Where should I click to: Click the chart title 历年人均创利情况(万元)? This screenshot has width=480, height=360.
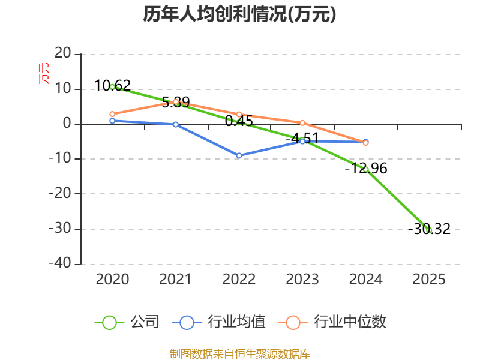coord(239,14)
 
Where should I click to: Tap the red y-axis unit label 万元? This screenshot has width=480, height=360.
coord(43,73)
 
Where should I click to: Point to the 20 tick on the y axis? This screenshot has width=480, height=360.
coord(63,53)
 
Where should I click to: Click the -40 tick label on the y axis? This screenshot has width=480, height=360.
coord(60,263)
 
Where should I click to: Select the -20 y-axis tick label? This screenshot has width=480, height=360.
coord(60,193)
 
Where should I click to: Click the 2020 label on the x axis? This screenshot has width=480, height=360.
coord(112,279)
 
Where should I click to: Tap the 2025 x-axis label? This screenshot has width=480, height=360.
coord(429,279)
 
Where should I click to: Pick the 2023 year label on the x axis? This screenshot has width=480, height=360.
coord(302,279)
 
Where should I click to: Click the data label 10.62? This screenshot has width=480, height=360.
coord(113,85)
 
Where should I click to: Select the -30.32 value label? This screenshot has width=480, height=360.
coord(429,229)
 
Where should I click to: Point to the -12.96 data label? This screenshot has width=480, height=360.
coord(366,169)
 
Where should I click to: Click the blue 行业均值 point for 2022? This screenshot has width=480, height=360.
coord(239,155)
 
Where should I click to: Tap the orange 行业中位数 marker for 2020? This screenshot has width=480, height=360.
coord(112,114)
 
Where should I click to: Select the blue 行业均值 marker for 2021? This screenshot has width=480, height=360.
coord(176,125)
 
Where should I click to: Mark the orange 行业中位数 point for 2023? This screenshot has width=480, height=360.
coord(302,123)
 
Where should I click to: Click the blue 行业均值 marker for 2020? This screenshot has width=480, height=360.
coord(112,121)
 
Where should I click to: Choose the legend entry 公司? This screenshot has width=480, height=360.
coord(127,322)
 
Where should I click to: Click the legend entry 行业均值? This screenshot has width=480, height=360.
coord(218,322)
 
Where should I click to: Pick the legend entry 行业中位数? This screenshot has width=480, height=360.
coord(332,322)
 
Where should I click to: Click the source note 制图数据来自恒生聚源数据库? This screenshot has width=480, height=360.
coord(240,354)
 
